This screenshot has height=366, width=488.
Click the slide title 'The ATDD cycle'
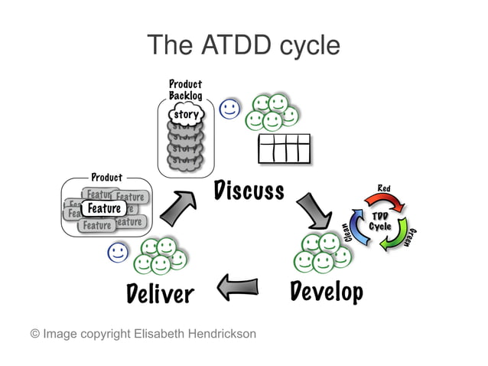pyautogui.click(x=243, y=45)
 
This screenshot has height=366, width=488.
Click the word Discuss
pyautogui.click(x=249, y=189)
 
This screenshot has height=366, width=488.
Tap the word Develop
pyautogui.click(x=327, y=291)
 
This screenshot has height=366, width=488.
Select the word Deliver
pyautogui.click(x=160, y=292)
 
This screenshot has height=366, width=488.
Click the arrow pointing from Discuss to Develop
pyautogui.click(x=314, y=210)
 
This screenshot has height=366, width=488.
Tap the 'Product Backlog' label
pyautogui.click(x=185, y=90)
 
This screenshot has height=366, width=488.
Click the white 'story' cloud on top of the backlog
pyautogui.click(x=185, y=115)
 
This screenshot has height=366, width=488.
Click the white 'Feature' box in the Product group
pyautogui.click(x=103, y=208)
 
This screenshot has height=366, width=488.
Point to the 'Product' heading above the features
pyautogui.click(x=106, y=178)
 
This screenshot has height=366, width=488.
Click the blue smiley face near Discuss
pyautogui.click(x=229, y=109)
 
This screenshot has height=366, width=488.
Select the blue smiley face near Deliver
pyautogui.click(x=117, y=252)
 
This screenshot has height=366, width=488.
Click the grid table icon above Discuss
pyautogui.click(x=284, y=149)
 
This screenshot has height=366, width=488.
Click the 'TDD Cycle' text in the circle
pyautogui.click(x=380, y=221)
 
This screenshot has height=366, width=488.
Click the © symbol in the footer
pyautogui.click(x=34, y=334)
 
